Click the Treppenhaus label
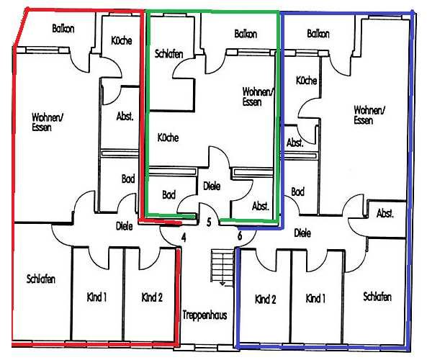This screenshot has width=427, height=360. pyautogui.click(x=204, y=315)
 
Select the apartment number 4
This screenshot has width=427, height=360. pyautogui.click(x=184, y=238)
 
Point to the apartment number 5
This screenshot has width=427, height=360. pyautogui.click(x=209, y=222)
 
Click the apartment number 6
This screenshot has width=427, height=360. pyautogui.click(x=240, y=235)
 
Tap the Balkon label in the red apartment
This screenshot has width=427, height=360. pyautogui.click(x=63, y=29)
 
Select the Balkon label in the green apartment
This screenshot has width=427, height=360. pyautogui.click(x=246, y=34)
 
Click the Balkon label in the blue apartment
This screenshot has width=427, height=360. pyautogui.click(x=318, y=34)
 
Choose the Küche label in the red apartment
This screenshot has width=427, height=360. pyautogui.click(x=122, y=40)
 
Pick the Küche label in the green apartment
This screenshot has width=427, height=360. pyautogui.click(x=168, y=138)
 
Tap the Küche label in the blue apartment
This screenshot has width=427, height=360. pyautogui.click(x=306, y=81)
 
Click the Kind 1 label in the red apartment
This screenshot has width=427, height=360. pyautogui.click(x=96, y=297)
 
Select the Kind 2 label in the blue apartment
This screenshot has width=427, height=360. pyautogui.click(x=266, y=300)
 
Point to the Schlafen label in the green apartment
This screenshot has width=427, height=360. pyautogui.click(x=168, y=54)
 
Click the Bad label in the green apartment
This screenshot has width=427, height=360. pyautogui.click(x=168, y=194)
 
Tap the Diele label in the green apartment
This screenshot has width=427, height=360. pyautogui.click(x=212, y=186)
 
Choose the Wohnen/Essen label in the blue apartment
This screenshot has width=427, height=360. pyautogui.click(x=369, y=115)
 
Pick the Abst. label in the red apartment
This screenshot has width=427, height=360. pyautogui.click(x=125, y=116)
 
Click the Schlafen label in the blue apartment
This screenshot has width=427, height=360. pyautogui.click(x=377, y=296)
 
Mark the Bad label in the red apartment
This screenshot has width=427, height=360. pyautogui.click(x=128, y=179)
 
